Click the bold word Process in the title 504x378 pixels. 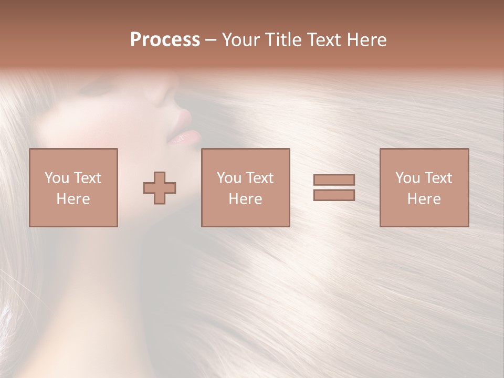[165, 40]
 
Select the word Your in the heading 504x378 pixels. [242, 40]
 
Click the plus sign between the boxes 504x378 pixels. [160, 187]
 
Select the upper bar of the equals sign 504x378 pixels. [334, 180]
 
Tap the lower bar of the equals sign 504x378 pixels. [334, 195]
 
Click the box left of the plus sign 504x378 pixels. [73, 187]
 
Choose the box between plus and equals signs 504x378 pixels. [245, 187]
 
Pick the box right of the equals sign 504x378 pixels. [424, 187]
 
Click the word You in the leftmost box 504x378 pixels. [57, 178]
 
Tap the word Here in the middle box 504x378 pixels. [245, 199]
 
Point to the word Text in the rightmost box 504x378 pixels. [438, 178]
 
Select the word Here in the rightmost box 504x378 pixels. [424, 199]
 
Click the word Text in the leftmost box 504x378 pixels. [87, 178]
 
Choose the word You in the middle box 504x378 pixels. [229, 178]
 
